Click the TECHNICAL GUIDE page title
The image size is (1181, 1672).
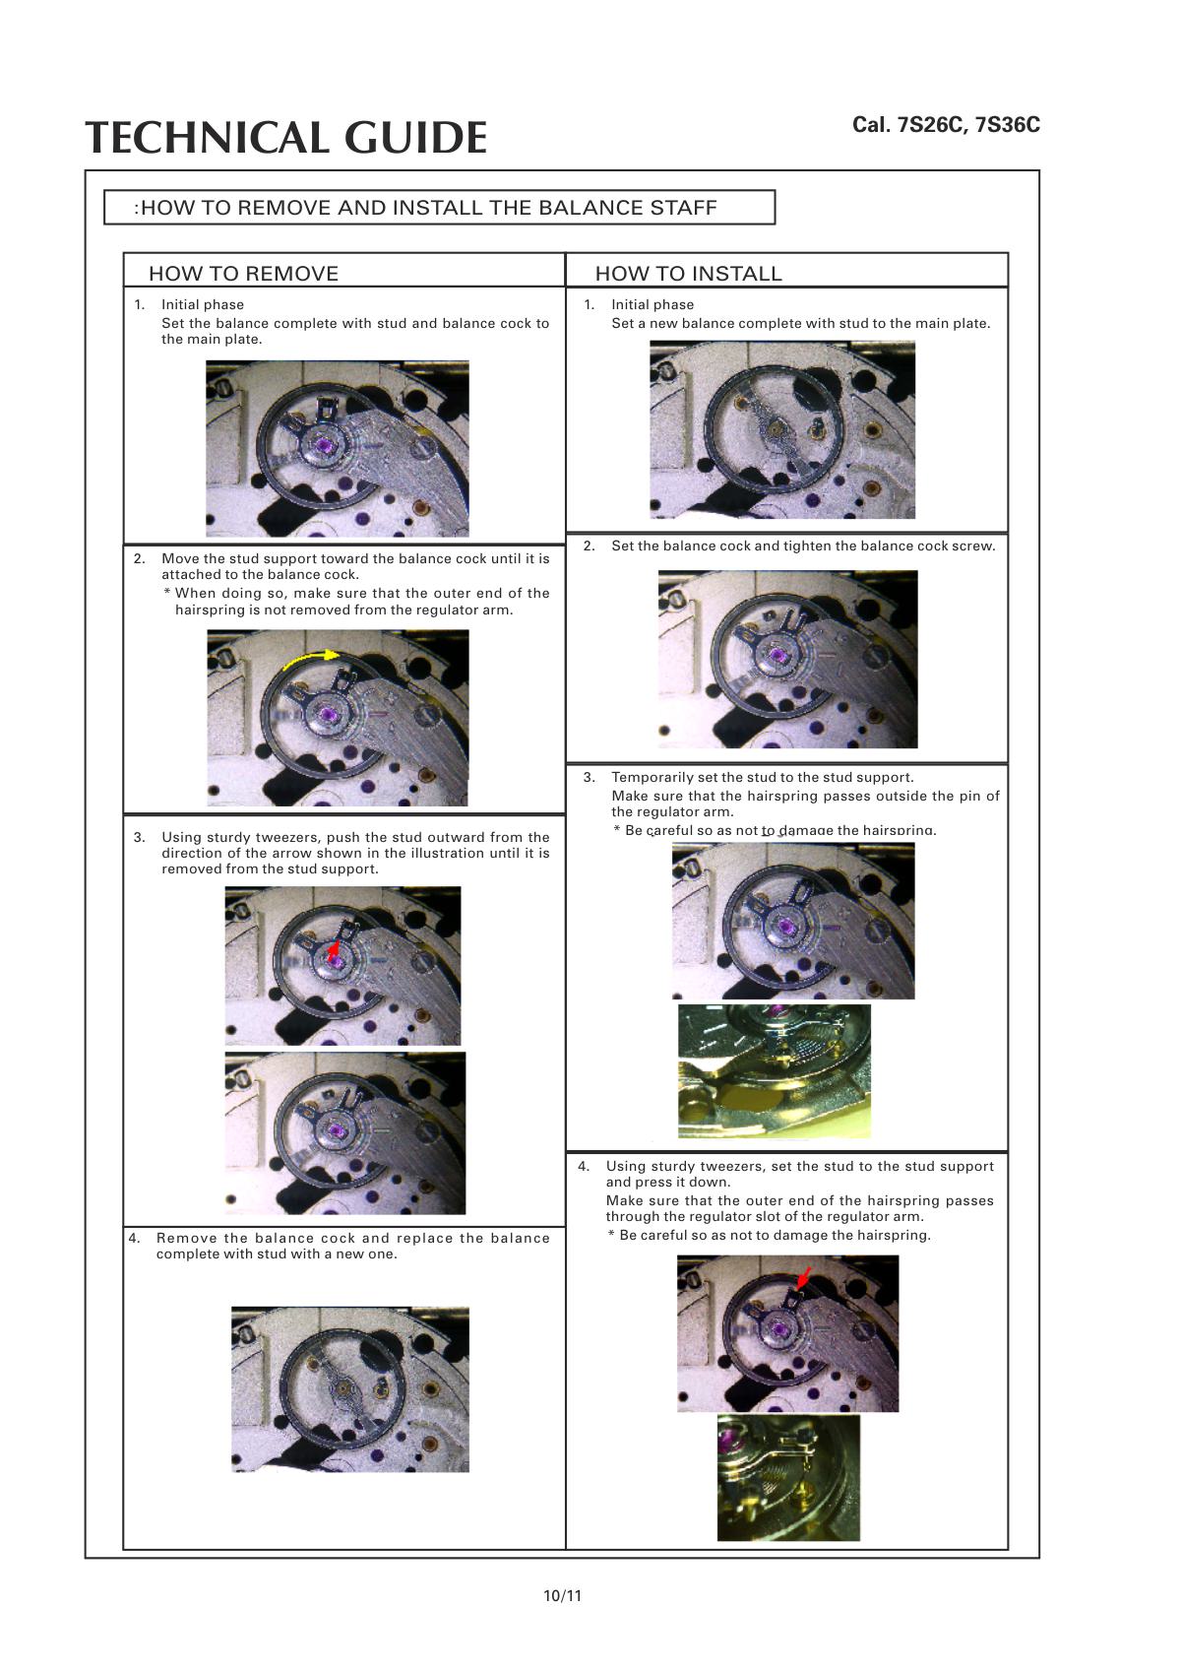(x=285, y=138)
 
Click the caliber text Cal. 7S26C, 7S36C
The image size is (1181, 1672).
(x=946, y=125)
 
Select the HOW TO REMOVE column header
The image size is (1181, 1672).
(x=243, y=274)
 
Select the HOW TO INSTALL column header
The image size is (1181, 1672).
(x=688, y=274)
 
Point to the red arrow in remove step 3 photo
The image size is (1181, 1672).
(x=334, y=947)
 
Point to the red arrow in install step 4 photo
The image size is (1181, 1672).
(x=804, y=1277)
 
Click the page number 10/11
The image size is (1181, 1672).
(x=562, y=1595)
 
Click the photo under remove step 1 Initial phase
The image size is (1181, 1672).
(x=337, y=448)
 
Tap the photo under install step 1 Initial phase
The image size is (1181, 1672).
(x=781, y=429)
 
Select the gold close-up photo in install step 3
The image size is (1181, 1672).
(x=774, y=1070)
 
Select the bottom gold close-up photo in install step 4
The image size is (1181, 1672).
(x=787, y=1477)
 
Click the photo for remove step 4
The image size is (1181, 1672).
(x=349, y=1388)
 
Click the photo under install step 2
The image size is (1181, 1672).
(x=787, y=659)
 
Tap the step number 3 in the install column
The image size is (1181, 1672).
(x=589, y=777)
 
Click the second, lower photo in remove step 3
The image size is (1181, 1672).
(x=344, y=1132)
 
